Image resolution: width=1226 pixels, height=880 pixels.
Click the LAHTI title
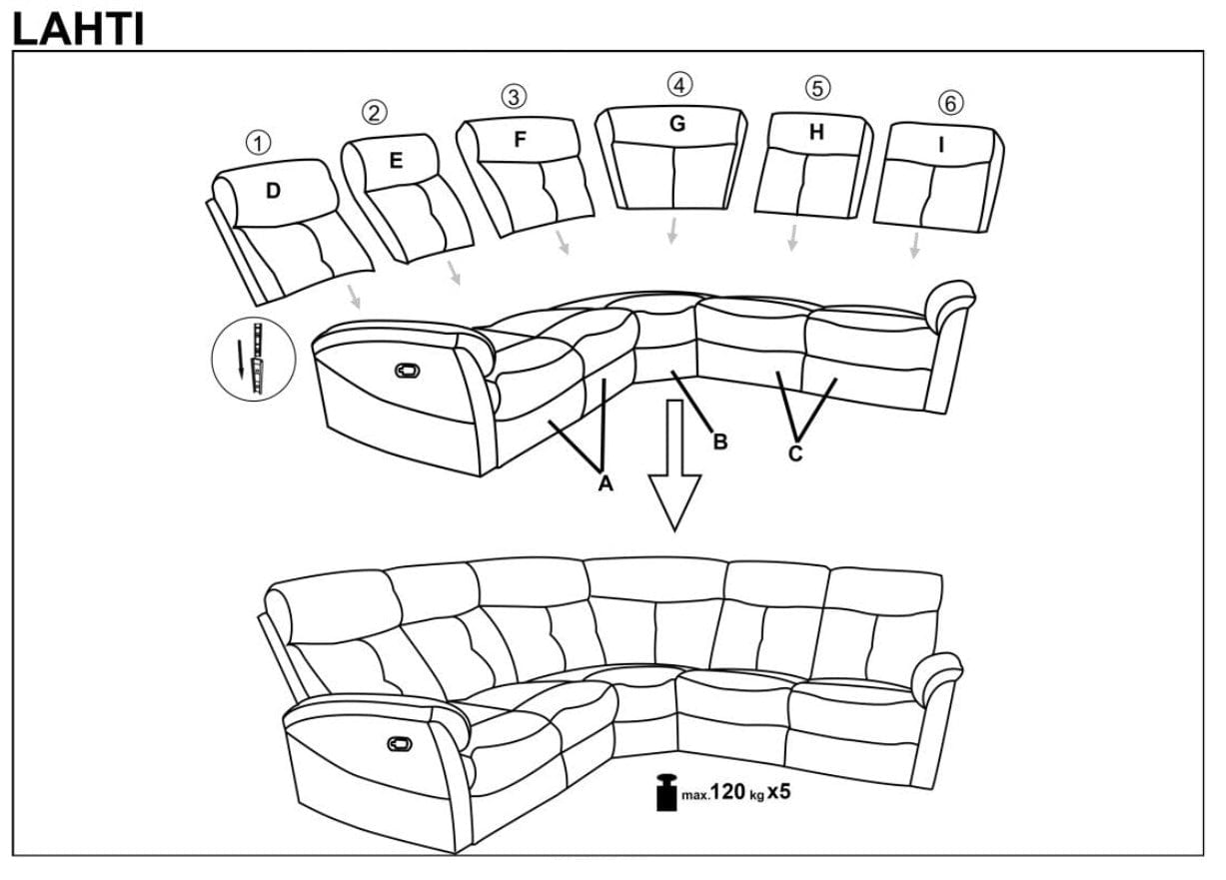click(78, 28)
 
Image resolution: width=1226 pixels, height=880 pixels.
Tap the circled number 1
click(259, 143)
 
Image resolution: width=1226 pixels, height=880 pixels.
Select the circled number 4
click(679, 85)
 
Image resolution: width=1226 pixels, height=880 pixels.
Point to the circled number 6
click(949, 103)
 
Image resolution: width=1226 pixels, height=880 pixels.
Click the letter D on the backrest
click(273, 190)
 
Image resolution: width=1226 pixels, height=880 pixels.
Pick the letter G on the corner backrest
click(676, 124)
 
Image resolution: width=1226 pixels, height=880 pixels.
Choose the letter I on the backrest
click(940, 144)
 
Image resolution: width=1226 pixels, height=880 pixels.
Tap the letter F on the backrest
click(520, 141)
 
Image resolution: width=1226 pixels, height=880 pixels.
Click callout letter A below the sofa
click(605, 483)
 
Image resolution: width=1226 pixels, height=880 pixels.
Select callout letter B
click(719, 441)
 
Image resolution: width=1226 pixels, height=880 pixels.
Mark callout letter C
click(795, 452)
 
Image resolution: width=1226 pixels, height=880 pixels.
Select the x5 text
click(779, 793)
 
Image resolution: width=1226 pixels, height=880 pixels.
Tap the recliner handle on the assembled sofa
click(398, 743)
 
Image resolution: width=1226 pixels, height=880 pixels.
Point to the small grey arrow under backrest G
click(673, 231)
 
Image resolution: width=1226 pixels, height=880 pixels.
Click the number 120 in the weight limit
click(729, 793)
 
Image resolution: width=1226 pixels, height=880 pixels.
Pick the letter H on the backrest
click(816, 132)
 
